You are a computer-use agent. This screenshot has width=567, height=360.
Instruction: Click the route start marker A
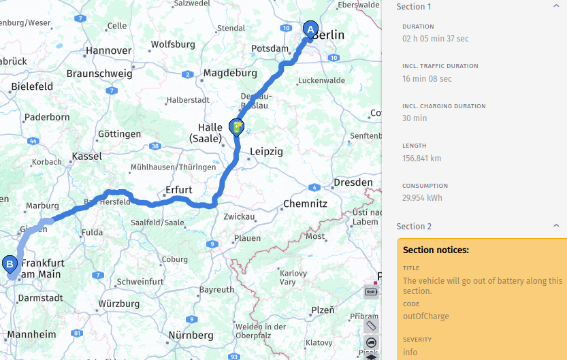310,30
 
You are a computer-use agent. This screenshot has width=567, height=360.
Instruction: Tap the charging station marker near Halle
236,127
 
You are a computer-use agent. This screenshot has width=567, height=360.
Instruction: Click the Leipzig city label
265,152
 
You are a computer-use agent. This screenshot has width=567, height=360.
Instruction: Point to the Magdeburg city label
230,73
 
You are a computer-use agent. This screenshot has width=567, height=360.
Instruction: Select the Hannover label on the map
108,50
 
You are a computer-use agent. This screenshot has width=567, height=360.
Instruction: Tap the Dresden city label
353,182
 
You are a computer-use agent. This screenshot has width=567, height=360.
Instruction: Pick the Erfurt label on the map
179,189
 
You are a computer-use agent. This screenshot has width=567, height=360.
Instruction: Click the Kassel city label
86,156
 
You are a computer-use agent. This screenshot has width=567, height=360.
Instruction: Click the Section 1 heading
414,7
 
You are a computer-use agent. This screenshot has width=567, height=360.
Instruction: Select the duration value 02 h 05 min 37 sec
436,39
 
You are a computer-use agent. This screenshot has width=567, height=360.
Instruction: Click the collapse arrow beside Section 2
556,226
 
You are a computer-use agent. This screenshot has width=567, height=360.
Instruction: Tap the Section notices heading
436,250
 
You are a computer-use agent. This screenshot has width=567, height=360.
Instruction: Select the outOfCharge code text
425,316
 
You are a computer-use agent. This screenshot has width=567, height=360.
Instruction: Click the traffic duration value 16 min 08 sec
427,79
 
